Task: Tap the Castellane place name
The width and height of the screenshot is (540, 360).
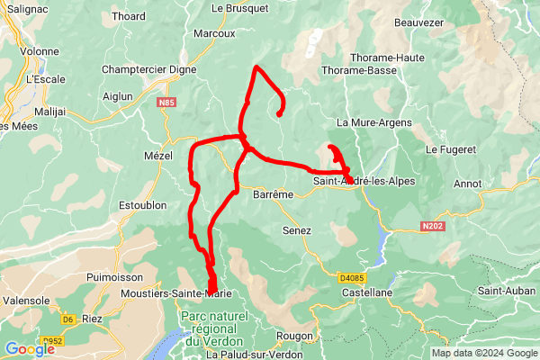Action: (x=366, y=293)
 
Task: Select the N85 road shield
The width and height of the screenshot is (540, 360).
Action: (x=165, y=103)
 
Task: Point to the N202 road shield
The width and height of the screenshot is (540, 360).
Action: (x=434, y=228)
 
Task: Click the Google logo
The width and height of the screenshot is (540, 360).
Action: (x=29, y=349)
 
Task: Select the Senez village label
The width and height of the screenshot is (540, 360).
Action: (x=297, y=231)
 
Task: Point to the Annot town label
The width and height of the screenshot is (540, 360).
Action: (x=468, y=184)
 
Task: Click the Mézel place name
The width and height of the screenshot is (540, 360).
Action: (x=157, y=156)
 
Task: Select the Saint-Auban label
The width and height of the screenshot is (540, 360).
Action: (x=505, y=291)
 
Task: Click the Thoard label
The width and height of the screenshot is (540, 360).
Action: (x=129, y=16)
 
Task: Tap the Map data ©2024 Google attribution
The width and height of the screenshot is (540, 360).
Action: (x=483, y=353)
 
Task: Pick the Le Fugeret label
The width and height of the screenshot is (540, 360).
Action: (x=450, y=148)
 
